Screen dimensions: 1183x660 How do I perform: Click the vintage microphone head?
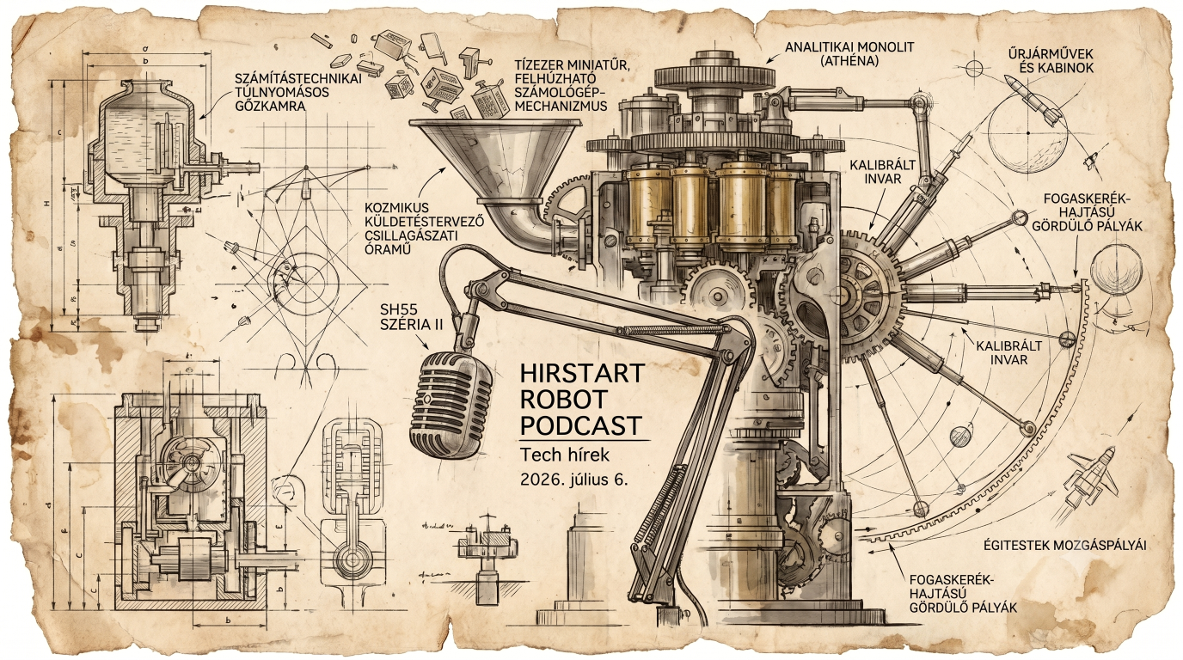coord(451,406)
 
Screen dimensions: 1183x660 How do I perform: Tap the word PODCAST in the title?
coord(581,425)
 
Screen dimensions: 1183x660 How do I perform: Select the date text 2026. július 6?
coord(574,480)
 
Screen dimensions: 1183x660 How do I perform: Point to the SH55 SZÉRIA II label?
coord(412,317)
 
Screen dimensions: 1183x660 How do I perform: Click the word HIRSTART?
coord(582,373)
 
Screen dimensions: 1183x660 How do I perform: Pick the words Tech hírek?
coord(565,454)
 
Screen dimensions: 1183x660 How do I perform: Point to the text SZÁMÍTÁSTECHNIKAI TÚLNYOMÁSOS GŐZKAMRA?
coord(298,93)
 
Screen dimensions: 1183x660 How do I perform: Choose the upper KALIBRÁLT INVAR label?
coord(882,172)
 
